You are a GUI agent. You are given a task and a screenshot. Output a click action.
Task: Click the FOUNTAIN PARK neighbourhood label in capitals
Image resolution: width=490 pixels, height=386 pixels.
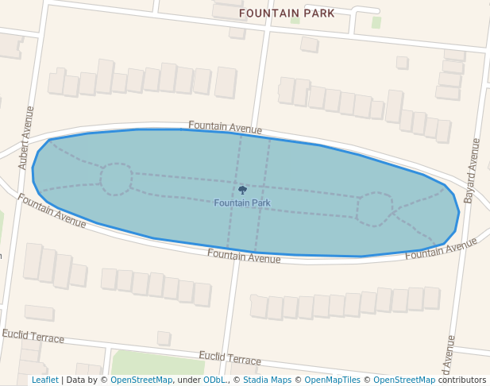click(x=287, y=14)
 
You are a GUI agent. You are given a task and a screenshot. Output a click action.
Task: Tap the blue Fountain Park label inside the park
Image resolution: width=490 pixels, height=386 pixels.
click(x=242, y=203)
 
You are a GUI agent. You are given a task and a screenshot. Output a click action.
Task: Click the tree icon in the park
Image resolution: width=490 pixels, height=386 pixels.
click(x=242, y=190)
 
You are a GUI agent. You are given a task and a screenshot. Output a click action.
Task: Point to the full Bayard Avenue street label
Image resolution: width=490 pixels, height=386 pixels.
click(x=472, y=170)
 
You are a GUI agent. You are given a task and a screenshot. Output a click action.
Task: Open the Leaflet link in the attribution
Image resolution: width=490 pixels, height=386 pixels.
click(x=44, y=380)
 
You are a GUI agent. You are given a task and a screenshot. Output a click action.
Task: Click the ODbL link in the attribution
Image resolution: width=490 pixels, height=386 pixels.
click(x=214, y=380)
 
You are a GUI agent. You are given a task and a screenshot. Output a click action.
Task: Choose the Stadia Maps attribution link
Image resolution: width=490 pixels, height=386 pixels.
click(x=267, y=380)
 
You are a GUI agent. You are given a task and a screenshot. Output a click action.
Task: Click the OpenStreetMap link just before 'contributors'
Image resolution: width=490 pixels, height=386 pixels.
click(x=404, y=380)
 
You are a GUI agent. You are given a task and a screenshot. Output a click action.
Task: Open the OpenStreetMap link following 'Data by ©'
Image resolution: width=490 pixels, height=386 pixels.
click(x=141, y=380)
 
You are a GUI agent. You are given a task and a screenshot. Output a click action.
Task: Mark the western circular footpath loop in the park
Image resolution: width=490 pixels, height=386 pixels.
click(x=116, y=179)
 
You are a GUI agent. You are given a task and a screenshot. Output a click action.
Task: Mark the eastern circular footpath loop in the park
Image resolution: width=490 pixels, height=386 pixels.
click(x=374, y=208)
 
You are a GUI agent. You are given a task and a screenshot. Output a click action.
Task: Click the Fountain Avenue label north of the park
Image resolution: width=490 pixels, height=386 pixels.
click(x=225, y=128)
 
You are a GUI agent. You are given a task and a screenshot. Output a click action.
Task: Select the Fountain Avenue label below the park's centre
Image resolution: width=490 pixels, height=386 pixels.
click(x=244, y=256)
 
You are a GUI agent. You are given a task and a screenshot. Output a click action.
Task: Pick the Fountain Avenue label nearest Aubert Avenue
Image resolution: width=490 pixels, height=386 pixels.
click(x=52, y=210)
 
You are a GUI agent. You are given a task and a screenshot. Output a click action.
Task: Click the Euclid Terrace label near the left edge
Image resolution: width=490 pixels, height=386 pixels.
click(x=33, y=337)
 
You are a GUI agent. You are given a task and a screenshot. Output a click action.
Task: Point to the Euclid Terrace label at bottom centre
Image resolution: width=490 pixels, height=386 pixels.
click(x=230, y=358)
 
